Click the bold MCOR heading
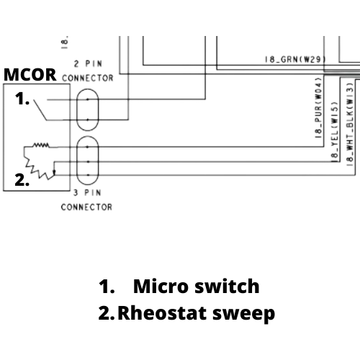point(30,74)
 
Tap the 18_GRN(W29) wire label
point(295,59)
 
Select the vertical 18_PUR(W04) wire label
point(318,107)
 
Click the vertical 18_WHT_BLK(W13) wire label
point(350,125)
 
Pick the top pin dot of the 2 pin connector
point(88,99)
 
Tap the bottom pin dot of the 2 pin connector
point(88,120)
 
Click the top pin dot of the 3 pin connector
point(88,147)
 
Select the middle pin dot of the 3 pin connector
point(88,162)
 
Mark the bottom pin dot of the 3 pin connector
point(88,175)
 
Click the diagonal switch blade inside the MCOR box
point(40,109)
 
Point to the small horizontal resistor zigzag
point(41,145)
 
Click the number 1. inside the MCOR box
point(22,99)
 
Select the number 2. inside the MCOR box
point(22,180)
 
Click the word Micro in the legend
point(161,286)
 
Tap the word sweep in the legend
point(244,315)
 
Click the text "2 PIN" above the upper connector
point(88,64)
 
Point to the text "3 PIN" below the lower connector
point(87,193)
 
